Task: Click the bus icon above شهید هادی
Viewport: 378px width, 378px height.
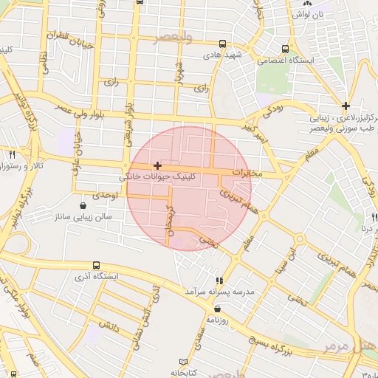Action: (x=224, y=44)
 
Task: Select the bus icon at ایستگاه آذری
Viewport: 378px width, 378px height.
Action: (x=96, y=266)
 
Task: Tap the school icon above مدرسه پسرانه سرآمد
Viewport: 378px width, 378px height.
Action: (x=219, y=281)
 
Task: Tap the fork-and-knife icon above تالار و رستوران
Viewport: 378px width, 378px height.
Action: (x=13, y=154)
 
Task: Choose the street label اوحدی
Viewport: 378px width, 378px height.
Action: (x=106, y=196)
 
